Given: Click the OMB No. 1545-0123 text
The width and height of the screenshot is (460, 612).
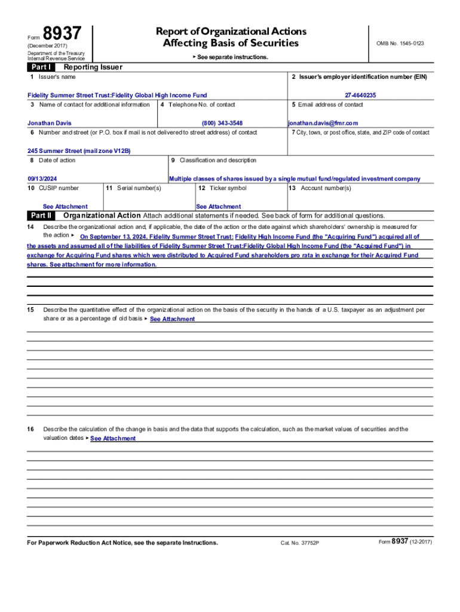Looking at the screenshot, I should (400, 44).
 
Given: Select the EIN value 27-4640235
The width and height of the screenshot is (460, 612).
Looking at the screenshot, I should (360, 95).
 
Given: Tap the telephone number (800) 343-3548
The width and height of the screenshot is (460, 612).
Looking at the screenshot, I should (222, 123).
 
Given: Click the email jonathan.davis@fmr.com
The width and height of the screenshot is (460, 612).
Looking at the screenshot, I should (323, 123).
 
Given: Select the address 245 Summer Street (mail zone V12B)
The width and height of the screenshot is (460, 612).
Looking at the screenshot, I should (79, 151).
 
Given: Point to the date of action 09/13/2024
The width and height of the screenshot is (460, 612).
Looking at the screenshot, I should (42, 179).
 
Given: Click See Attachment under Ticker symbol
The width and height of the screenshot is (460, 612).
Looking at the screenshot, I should (219, 206).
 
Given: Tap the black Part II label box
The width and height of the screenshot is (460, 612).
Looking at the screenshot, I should (41, 215).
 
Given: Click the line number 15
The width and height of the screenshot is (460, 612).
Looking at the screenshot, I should (30, 310).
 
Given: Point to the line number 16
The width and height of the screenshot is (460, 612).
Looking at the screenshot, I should (30, 429).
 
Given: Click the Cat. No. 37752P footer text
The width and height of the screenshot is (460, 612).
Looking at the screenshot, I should (300, 543).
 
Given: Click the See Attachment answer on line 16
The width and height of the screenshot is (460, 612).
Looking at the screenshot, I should (113, 439).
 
